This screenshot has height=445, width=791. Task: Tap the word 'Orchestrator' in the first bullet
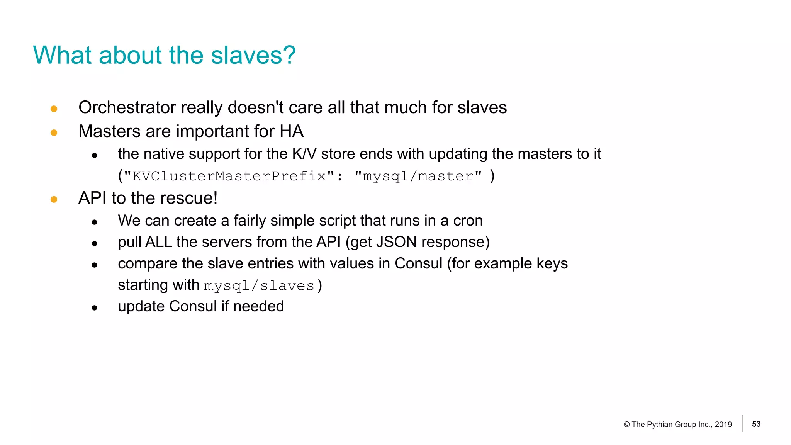pos(127,107)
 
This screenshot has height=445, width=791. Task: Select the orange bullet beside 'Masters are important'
pos(54,133)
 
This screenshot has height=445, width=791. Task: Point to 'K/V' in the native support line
pos(304,154)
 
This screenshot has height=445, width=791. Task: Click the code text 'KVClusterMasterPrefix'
pos(229,176)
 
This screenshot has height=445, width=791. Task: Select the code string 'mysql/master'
pos(418,176)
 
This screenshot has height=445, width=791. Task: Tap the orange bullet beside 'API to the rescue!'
pos(54,199)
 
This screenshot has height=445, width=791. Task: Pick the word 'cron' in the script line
pos(468,221)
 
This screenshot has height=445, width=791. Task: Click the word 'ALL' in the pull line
pos(159,242)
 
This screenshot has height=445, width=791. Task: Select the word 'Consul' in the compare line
pos(418,263)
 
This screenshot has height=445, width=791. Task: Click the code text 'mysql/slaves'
pos(259,286)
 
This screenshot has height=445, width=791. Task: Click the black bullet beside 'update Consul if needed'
pos(95,308)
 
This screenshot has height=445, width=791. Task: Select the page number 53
pos(756,424)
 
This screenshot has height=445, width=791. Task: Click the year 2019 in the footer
pos(723,425)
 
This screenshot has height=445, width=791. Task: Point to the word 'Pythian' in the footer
pos(660,425)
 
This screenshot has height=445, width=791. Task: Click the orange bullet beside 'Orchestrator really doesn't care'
pos(54,109)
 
